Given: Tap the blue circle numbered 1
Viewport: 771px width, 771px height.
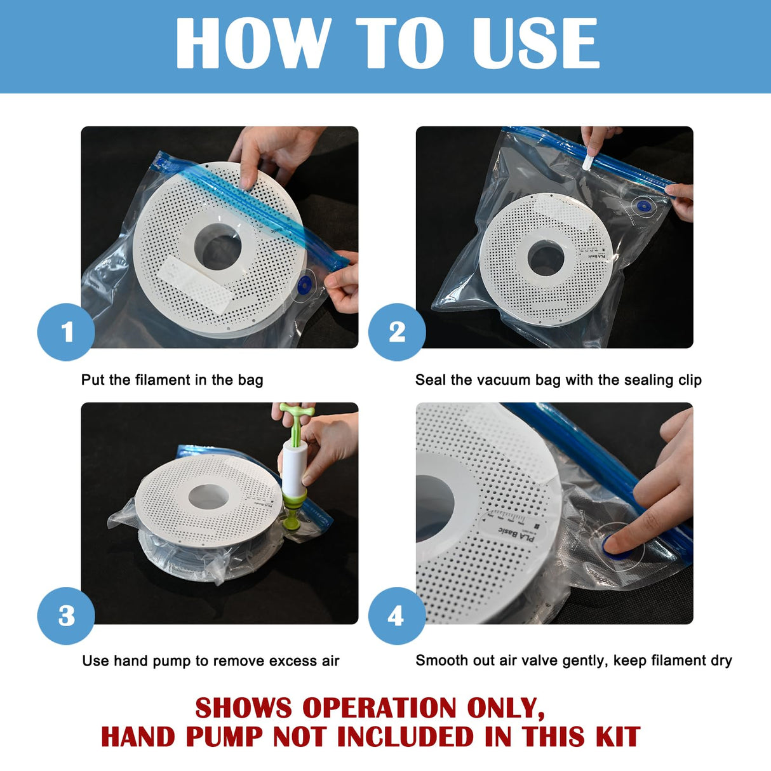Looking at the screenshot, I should click(66, 332).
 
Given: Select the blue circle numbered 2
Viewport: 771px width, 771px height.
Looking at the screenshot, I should click(397, 332).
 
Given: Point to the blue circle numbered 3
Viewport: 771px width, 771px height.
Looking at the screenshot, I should click(66, 615).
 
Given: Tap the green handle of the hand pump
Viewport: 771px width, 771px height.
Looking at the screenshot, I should click(297, 413).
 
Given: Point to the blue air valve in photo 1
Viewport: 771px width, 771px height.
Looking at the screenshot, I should click(304, 285).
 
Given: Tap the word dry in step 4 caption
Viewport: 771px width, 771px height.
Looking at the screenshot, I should click(721, 660).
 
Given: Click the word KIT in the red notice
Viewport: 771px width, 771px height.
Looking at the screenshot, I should click(617, 737).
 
